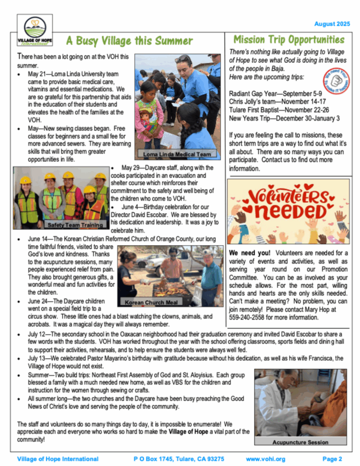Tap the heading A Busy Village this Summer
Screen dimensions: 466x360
129,41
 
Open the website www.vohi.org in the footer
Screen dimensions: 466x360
266,458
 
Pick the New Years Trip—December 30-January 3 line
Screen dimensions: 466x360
285,117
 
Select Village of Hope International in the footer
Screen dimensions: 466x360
57,458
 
